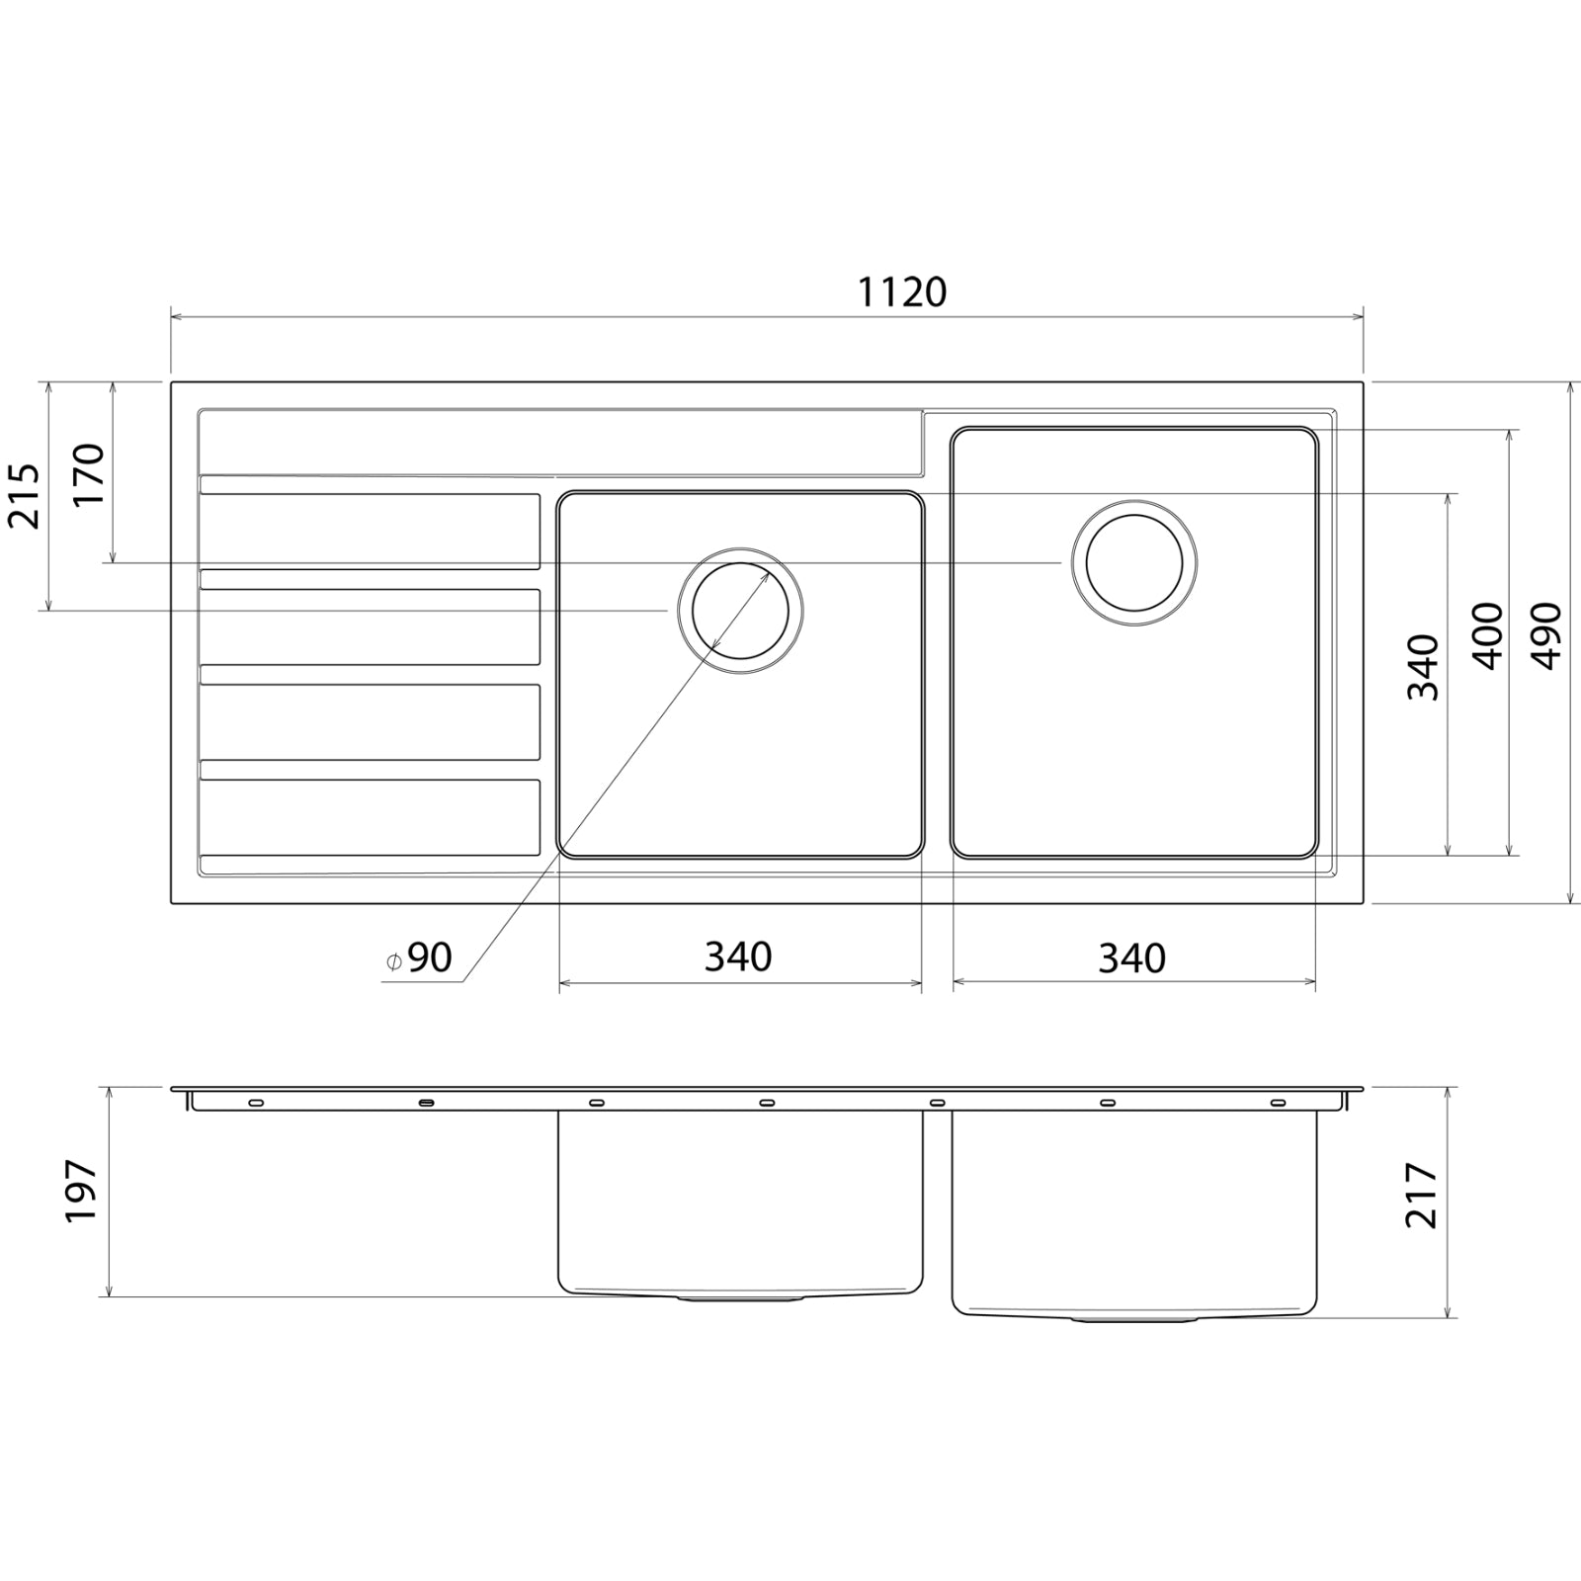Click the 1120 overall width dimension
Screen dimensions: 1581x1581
point(901,292)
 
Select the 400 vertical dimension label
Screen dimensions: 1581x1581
point(1487,635)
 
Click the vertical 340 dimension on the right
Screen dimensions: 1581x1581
point(1423,667)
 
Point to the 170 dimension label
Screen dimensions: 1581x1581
point(88,474)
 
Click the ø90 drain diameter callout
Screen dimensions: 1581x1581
point(420,957)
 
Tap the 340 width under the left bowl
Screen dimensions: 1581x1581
point(738,957)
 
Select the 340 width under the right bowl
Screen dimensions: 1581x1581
point(1131,957)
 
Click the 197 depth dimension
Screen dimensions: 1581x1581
point(81,1191)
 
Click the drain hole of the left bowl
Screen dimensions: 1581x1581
point(740,611)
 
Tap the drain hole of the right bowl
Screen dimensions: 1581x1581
point(1134,562)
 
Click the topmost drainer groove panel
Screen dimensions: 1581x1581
point(370,530)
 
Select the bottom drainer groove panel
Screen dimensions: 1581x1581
point(370,816)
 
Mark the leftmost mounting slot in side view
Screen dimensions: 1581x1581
point(256,1102)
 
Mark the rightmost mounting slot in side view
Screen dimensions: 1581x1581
point(1278,1102)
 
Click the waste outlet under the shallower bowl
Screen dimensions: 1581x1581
point(739,1299)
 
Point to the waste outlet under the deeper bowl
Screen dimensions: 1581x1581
point(1133,1319)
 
